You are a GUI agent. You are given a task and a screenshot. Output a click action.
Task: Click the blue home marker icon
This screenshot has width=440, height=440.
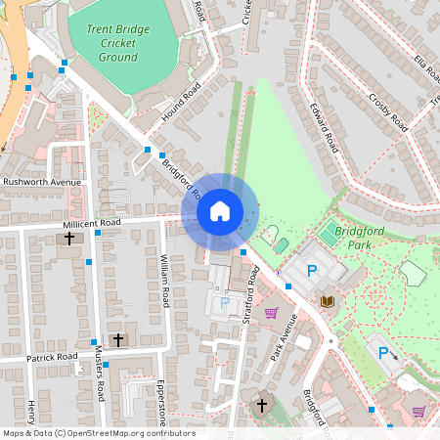220,210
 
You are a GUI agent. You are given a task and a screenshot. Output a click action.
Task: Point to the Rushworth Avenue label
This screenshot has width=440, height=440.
41,182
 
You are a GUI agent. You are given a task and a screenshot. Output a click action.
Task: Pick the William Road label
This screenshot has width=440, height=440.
165,282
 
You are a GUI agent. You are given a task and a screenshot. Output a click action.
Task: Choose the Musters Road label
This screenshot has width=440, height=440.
99,372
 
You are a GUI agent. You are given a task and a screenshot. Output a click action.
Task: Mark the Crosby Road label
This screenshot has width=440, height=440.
387,110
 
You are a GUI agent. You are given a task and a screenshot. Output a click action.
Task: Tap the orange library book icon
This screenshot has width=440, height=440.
328,300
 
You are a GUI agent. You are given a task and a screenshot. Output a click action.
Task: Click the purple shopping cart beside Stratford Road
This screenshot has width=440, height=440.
272,313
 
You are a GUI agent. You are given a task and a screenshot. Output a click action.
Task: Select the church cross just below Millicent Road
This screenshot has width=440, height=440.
69,238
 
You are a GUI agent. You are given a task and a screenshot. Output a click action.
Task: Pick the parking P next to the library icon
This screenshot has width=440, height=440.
313,271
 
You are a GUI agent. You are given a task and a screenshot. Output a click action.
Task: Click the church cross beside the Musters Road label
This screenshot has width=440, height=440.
118,339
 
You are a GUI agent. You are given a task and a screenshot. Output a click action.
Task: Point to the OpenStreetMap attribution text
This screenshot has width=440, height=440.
98,433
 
